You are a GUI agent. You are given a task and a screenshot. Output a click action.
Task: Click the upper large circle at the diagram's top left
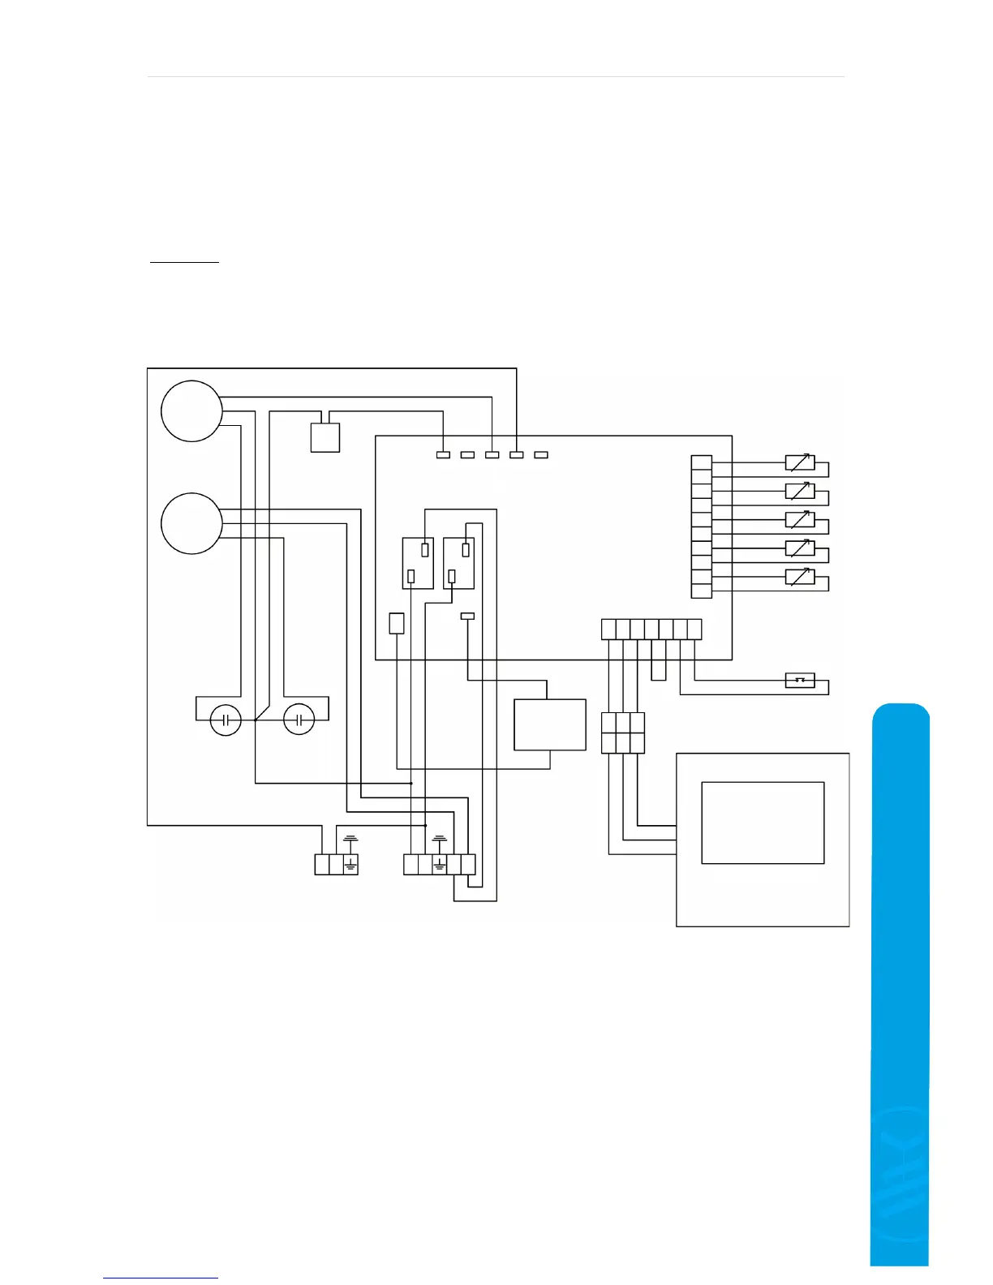point(191,410)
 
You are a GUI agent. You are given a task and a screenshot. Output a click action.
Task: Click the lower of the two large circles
point(191,523)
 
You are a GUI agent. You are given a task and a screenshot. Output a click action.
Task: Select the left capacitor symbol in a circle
point(226,720)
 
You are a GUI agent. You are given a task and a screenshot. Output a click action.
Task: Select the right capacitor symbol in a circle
point(299,720)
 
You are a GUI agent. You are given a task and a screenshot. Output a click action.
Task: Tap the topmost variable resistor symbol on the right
point(800,463)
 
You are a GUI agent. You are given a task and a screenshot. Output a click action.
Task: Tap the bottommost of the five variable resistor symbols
point(800,578)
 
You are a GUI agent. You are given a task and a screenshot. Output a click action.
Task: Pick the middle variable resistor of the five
point(800,519)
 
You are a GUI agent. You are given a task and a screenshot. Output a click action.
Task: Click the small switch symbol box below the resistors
point(800,680)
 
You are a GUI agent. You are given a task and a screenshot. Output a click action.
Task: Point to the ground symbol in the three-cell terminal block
point(350,864)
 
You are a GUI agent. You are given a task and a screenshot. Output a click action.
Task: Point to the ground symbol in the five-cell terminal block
point(440,864)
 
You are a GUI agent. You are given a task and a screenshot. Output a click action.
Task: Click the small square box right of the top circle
point(325,437)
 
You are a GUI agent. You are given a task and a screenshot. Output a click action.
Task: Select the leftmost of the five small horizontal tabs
point(443,455)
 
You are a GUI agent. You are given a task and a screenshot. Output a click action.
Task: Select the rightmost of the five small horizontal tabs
point(541,455)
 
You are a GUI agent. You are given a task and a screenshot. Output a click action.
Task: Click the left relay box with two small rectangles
point(418,563)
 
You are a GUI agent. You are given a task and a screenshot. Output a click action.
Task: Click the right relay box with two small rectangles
point(458,563)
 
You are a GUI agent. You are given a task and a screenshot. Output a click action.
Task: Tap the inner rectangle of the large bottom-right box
point(763,823)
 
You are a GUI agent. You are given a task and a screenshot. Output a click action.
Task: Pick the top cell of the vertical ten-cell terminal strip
point(702,463)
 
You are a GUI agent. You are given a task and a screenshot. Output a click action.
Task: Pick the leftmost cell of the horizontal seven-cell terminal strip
point(609,630)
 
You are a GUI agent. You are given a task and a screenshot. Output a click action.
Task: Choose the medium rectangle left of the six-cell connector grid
point(550,724)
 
